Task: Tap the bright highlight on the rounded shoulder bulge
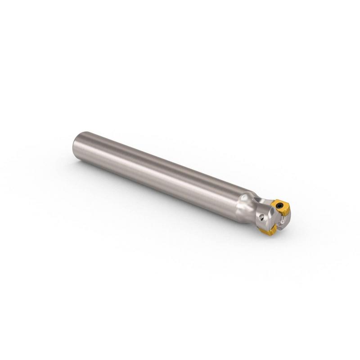click(x=244, y=198)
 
